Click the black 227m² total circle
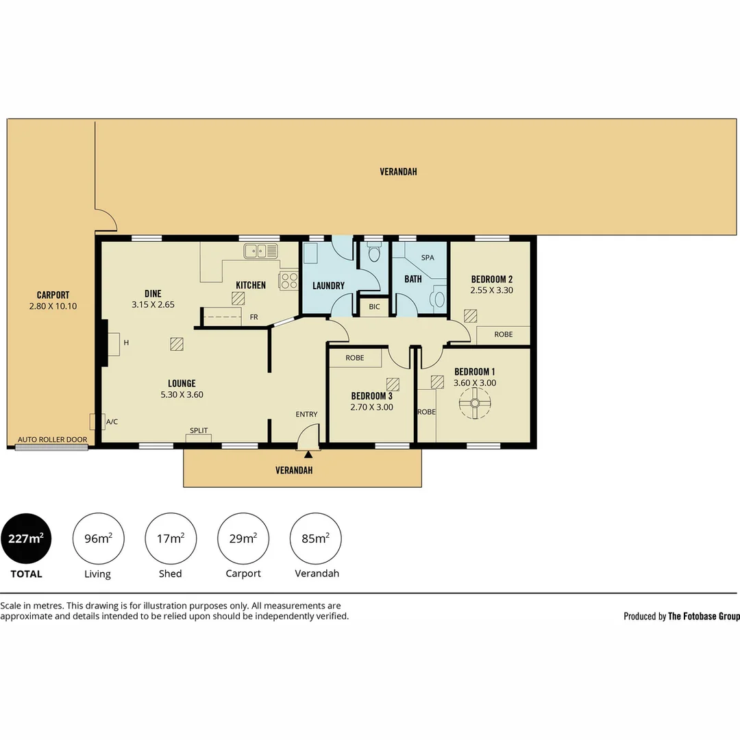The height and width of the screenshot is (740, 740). click(26, 539)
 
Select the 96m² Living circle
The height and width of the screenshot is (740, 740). click(98, 539)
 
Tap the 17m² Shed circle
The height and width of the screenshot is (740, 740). click(171, 539)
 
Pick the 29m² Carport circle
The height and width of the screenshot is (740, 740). click(243, 539)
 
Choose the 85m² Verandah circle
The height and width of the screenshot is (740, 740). click(315, 539)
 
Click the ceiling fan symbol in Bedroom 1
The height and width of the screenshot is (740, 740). click(475, 403)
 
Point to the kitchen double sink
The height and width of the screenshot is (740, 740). click(260, 251)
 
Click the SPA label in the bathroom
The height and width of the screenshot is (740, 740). click(428, 258)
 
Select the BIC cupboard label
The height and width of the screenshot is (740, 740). click(374, 307)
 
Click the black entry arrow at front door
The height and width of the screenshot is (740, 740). click(308, 454)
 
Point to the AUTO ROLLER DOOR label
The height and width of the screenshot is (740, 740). click(52, 439)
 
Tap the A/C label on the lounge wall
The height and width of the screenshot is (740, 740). click(112, 422)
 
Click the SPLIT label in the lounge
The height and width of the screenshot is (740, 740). click(199, 430)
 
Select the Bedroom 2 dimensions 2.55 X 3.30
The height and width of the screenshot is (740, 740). click(492, 291)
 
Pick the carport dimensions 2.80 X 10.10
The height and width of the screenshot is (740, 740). click(53, 306)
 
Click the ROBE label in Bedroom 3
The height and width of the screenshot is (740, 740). click(355, 358)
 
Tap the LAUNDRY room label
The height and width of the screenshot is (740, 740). click(328, 286)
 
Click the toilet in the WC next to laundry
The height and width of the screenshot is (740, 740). click(374, 252)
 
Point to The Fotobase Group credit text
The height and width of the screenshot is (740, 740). click(704, 616)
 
